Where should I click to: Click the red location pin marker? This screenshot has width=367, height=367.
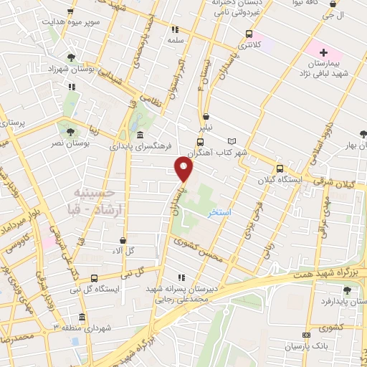[184, 169]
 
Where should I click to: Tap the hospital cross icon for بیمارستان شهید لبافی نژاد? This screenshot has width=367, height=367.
[323, 52]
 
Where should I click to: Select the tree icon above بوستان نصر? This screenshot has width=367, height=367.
[70, 132]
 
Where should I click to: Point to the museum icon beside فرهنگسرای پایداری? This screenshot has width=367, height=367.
[139, 135]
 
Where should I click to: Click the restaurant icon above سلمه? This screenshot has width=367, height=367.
[175, 30]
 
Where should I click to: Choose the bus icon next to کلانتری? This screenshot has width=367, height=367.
[249, 34]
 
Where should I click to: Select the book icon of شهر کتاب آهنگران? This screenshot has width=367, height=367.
[231, 140]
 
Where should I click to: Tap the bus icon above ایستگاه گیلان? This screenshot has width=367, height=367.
[280, 168]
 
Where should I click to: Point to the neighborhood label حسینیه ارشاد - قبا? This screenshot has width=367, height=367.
[97, 201]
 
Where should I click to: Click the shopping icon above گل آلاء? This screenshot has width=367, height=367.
[124, 240]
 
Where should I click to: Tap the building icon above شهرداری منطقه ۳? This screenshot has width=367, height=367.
[82, 317]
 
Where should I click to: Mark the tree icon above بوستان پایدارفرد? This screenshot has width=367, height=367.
[347, 290]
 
